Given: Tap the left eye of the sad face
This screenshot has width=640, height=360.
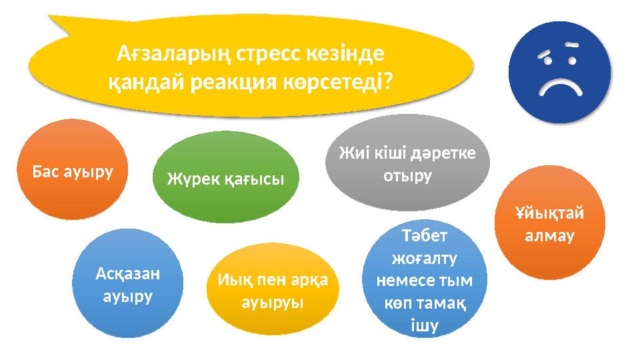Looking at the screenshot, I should coord(549,61).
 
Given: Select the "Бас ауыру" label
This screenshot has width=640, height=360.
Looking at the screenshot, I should coord(73,171).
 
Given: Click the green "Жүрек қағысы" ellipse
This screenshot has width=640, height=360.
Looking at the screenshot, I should coord(225,177).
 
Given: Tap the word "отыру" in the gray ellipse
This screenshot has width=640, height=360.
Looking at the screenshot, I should coord(408,176).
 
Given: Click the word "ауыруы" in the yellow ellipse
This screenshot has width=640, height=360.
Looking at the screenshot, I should coord(272,302).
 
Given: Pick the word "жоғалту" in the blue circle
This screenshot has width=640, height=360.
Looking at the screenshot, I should coord(425,258).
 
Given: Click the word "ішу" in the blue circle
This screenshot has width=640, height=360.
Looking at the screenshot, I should coord(425,325).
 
